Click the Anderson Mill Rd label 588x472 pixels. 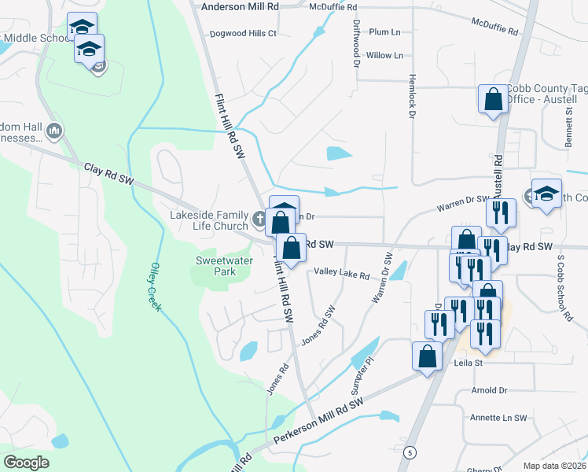pos(240,6)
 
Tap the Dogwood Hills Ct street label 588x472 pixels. pos(244,34)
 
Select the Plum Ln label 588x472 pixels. pos(384,32)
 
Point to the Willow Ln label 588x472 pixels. pos(384,56)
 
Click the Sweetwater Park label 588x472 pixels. pos(216,266)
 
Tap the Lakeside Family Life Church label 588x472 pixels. pos(209,219)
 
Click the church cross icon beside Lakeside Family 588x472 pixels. pos(260,217)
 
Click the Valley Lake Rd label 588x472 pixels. pos(341,275)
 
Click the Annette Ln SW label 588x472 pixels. pos(498,418)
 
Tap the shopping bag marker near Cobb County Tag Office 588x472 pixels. pos(493,100)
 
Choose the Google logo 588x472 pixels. pos(26,463)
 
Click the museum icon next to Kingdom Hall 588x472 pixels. pos(54,131)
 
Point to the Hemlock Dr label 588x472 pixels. pos(411,98)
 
